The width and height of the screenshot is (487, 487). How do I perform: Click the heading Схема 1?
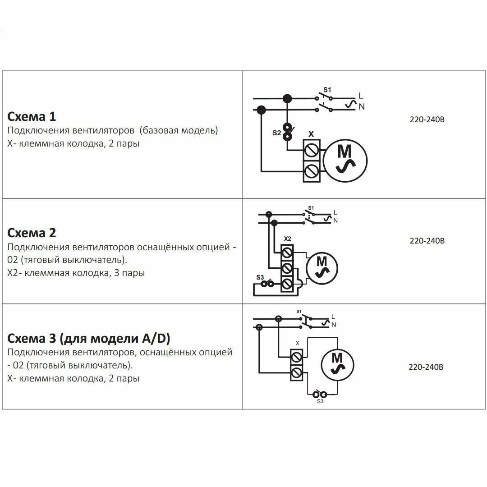coord(32,117)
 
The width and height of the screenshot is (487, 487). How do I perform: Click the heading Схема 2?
coord(32,233)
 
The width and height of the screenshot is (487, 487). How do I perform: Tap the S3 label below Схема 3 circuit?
coord(320,401)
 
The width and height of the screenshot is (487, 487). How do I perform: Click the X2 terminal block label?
coord(287,238)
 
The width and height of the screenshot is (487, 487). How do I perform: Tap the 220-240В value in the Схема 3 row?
coord(426,367)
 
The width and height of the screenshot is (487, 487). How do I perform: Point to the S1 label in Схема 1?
coord(327,89)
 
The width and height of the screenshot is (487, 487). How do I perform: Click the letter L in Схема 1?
coord(360,96)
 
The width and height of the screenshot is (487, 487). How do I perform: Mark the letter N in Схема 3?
coord(334,325)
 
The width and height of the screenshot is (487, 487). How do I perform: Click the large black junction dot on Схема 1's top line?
coord(286,98)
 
